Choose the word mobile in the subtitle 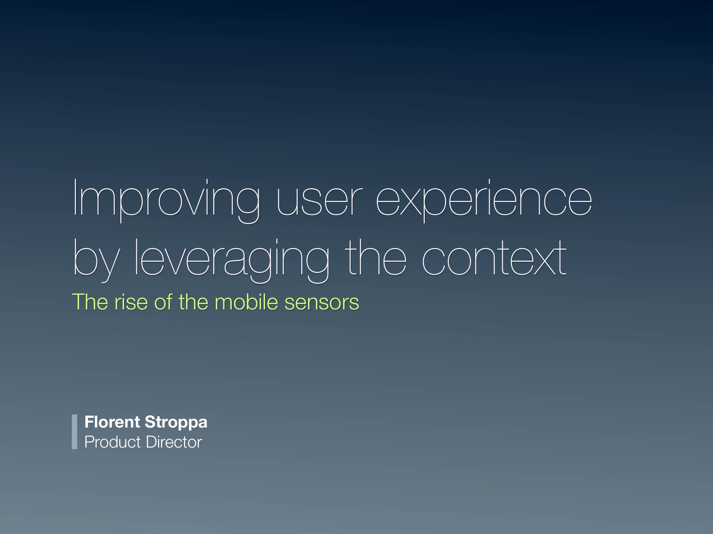(246, 302)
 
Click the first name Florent (112, 422)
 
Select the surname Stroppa (176, 423)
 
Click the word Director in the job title (174, 442)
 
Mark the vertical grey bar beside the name (75, 432)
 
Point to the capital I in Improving (75, 198)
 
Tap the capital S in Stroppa (149, 422)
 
